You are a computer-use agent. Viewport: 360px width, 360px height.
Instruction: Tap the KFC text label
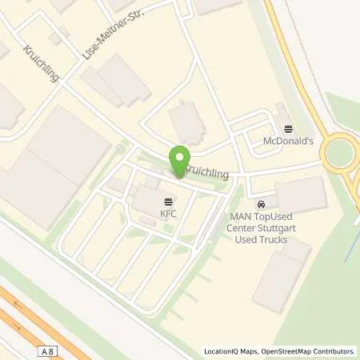point(168,214)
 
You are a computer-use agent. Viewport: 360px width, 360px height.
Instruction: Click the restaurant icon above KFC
point(168,201)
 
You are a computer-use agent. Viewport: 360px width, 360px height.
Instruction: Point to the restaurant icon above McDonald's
point(288,129)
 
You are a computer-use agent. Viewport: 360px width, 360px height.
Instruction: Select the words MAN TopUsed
point(261,216)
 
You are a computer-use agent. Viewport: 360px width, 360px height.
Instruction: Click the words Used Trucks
point(261,238)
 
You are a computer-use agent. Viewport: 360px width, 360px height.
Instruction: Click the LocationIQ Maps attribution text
point(231,351)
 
